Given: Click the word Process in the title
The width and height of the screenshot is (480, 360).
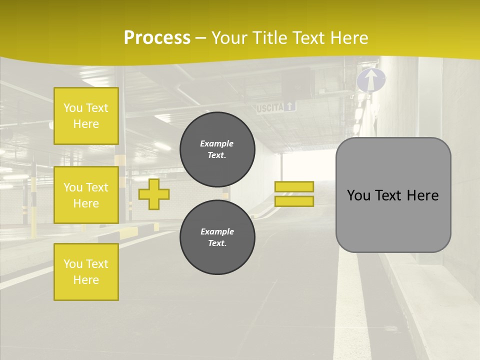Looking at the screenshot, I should (x=157, y=38).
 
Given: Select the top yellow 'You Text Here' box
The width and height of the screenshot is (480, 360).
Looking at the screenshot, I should (x=86, y=116).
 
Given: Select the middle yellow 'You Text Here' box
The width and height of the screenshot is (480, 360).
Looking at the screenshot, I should (x=86, y=195).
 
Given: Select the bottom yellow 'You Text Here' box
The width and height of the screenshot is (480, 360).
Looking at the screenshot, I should (x=86, y=271).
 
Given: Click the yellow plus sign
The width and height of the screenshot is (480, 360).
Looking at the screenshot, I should (x=153, y=194).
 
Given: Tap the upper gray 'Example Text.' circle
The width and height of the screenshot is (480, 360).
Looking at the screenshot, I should (x=217, y=149).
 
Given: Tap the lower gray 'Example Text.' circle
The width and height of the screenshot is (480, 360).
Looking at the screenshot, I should (x=217, y=237).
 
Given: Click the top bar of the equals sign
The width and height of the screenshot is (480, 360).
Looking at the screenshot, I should (x=294, y=186).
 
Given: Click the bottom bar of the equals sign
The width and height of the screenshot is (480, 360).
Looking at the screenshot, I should (x=294, y=201).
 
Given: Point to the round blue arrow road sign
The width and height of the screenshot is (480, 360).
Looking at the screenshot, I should (x=371, y=80).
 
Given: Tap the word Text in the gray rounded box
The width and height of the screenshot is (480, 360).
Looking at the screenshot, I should (x=393, y=195).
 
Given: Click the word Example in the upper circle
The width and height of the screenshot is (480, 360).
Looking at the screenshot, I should (x=217, y=143).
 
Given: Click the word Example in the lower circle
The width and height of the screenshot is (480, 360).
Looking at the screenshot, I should (x=217, y=231).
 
